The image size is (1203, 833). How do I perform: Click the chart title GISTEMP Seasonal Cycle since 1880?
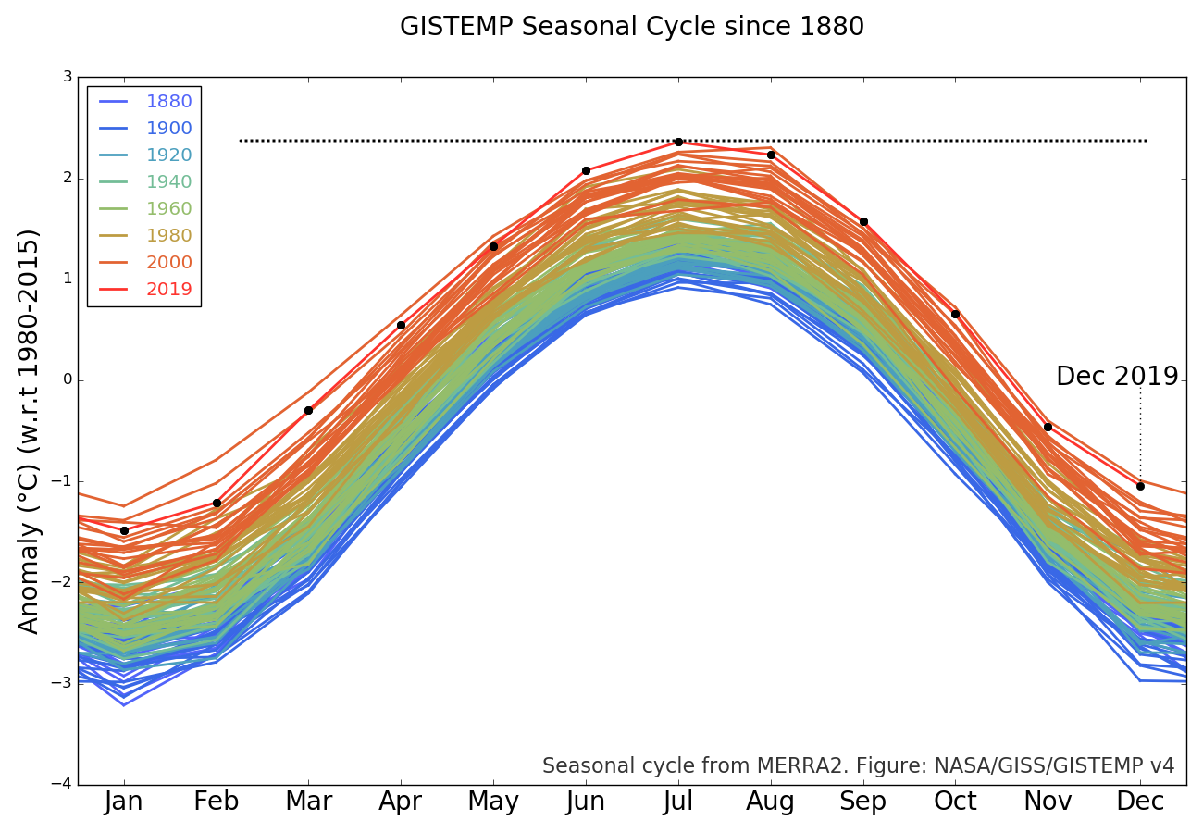coord(632,27)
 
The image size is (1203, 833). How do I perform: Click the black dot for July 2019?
coord(678,142)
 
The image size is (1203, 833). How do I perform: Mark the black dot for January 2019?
coord(124,530)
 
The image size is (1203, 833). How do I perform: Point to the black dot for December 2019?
coord(1140,486)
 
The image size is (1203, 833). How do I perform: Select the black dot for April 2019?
coord(401,325)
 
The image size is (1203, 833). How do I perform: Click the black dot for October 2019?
coord(955,314)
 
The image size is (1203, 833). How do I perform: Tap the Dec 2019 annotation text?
coord(1117,377)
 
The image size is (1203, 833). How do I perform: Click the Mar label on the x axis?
coord(308,802)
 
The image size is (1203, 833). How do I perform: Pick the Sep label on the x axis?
coord(862,802)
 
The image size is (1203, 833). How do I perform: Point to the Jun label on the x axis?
coord(586,802)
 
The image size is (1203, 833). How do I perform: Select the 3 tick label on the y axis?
coord(68,77)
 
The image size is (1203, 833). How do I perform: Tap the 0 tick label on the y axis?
coord(68,380)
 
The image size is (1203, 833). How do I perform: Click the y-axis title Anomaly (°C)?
coord(30,430)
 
